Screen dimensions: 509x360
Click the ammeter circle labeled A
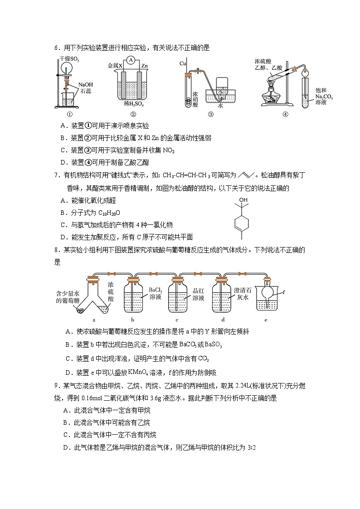[x=130, y=60]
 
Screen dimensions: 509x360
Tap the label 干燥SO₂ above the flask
[x=68, y=59]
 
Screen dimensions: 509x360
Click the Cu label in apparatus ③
[x=183, y=63]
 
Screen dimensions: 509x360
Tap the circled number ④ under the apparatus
[x=285, y=114]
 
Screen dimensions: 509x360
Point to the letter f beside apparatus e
[x=284, y=292]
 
